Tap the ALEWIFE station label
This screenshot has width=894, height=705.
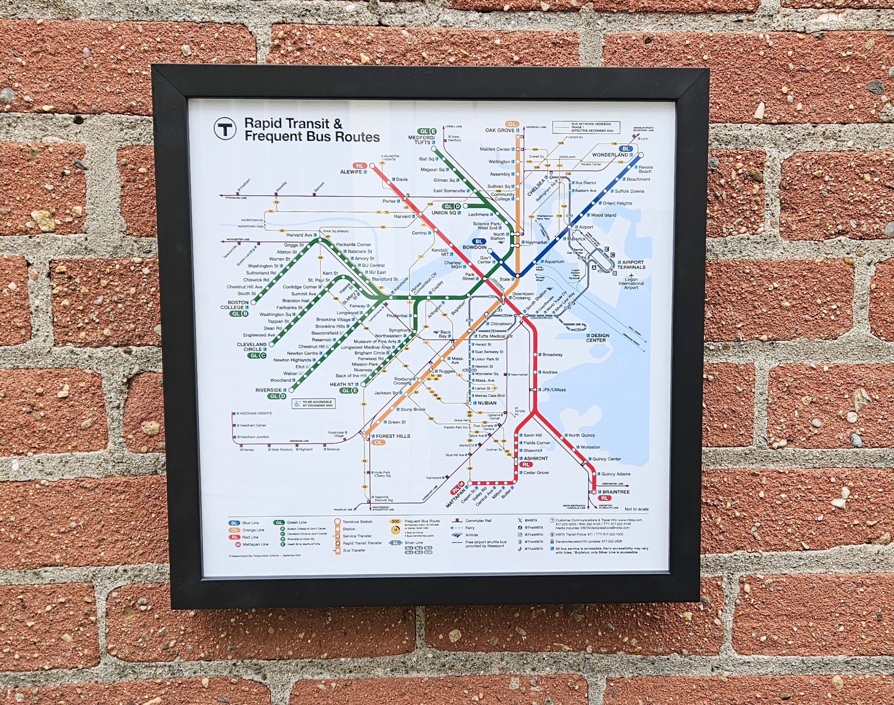(352, 172)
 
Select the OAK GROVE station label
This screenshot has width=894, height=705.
(499, 130)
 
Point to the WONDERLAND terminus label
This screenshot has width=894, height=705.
(610, 155)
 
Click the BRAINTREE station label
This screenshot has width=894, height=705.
(615, 492)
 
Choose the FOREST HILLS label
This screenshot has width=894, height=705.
(392, 436)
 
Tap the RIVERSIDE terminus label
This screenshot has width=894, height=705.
(268, 390)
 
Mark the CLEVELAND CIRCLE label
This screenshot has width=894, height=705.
(252, 347)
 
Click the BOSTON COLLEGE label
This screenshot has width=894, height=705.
(238, 305)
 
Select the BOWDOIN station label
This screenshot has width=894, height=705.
(474, 248)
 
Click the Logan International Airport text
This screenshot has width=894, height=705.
(631, 283)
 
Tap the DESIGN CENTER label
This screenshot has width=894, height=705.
(598, 338)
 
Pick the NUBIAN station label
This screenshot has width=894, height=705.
(487, 403)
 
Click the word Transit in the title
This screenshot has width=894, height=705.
(305, 124)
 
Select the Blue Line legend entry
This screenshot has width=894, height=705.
(250, 523)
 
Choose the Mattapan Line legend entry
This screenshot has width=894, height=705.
(255, 544)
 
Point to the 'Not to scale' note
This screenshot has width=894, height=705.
(636, 509)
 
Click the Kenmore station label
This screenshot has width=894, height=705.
(401, 285)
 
